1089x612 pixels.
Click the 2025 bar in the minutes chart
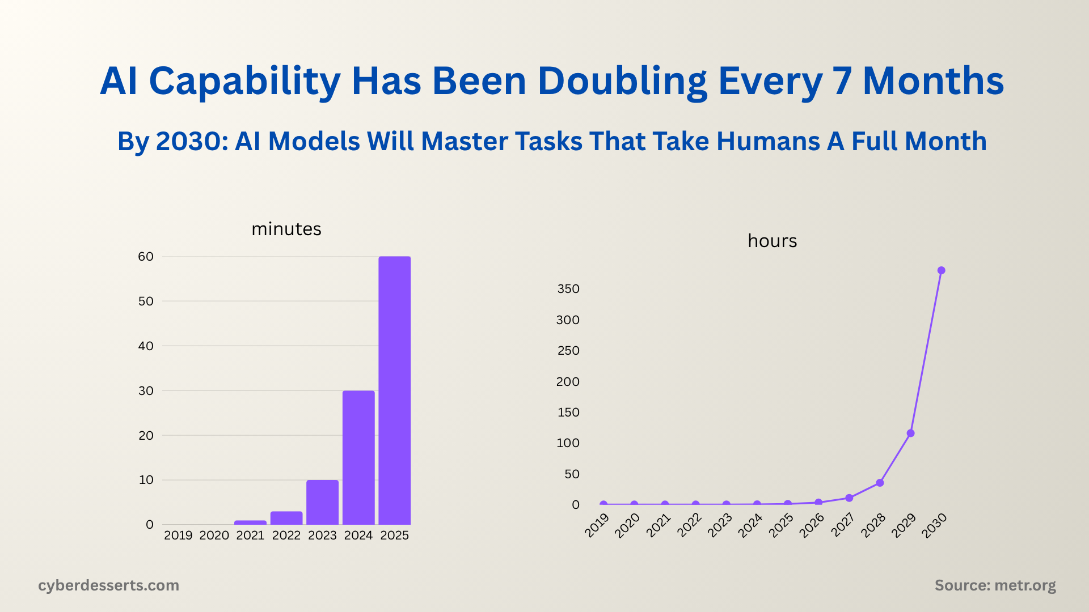[394, 390]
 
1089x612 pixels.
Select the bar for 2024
[358, 457]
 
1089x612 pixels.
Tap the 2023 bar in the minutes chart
[322, 502]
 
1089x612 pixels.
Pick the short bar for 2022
[286, 518]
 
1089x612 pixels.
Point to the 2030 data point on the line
[942, 270]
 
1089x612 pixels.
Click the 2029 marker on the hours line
[911, 433]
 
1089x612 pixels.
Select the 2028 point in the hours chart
[880, 483]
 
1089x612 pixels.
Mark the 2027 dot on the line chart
[849, 498]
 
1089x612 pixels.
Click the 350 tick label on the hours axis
[568, 289]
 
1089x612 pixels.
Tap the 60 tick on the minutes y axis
[146, 257]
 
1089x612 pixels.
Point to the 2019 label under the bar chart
[178, 535]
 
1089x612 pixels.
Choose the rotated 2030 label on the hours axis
[934, 525]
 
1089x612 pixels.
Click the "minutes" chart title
[286, 229]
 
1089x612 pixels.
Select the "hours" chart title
[772, 241]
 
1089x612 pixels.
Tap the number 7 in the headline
[843, 81]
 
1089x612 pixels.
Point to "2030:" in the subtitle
[192, 141]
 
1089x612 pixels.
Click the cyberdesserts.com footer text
[108, 585]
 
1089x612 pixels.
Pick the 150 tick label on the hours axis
[568, 413]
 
